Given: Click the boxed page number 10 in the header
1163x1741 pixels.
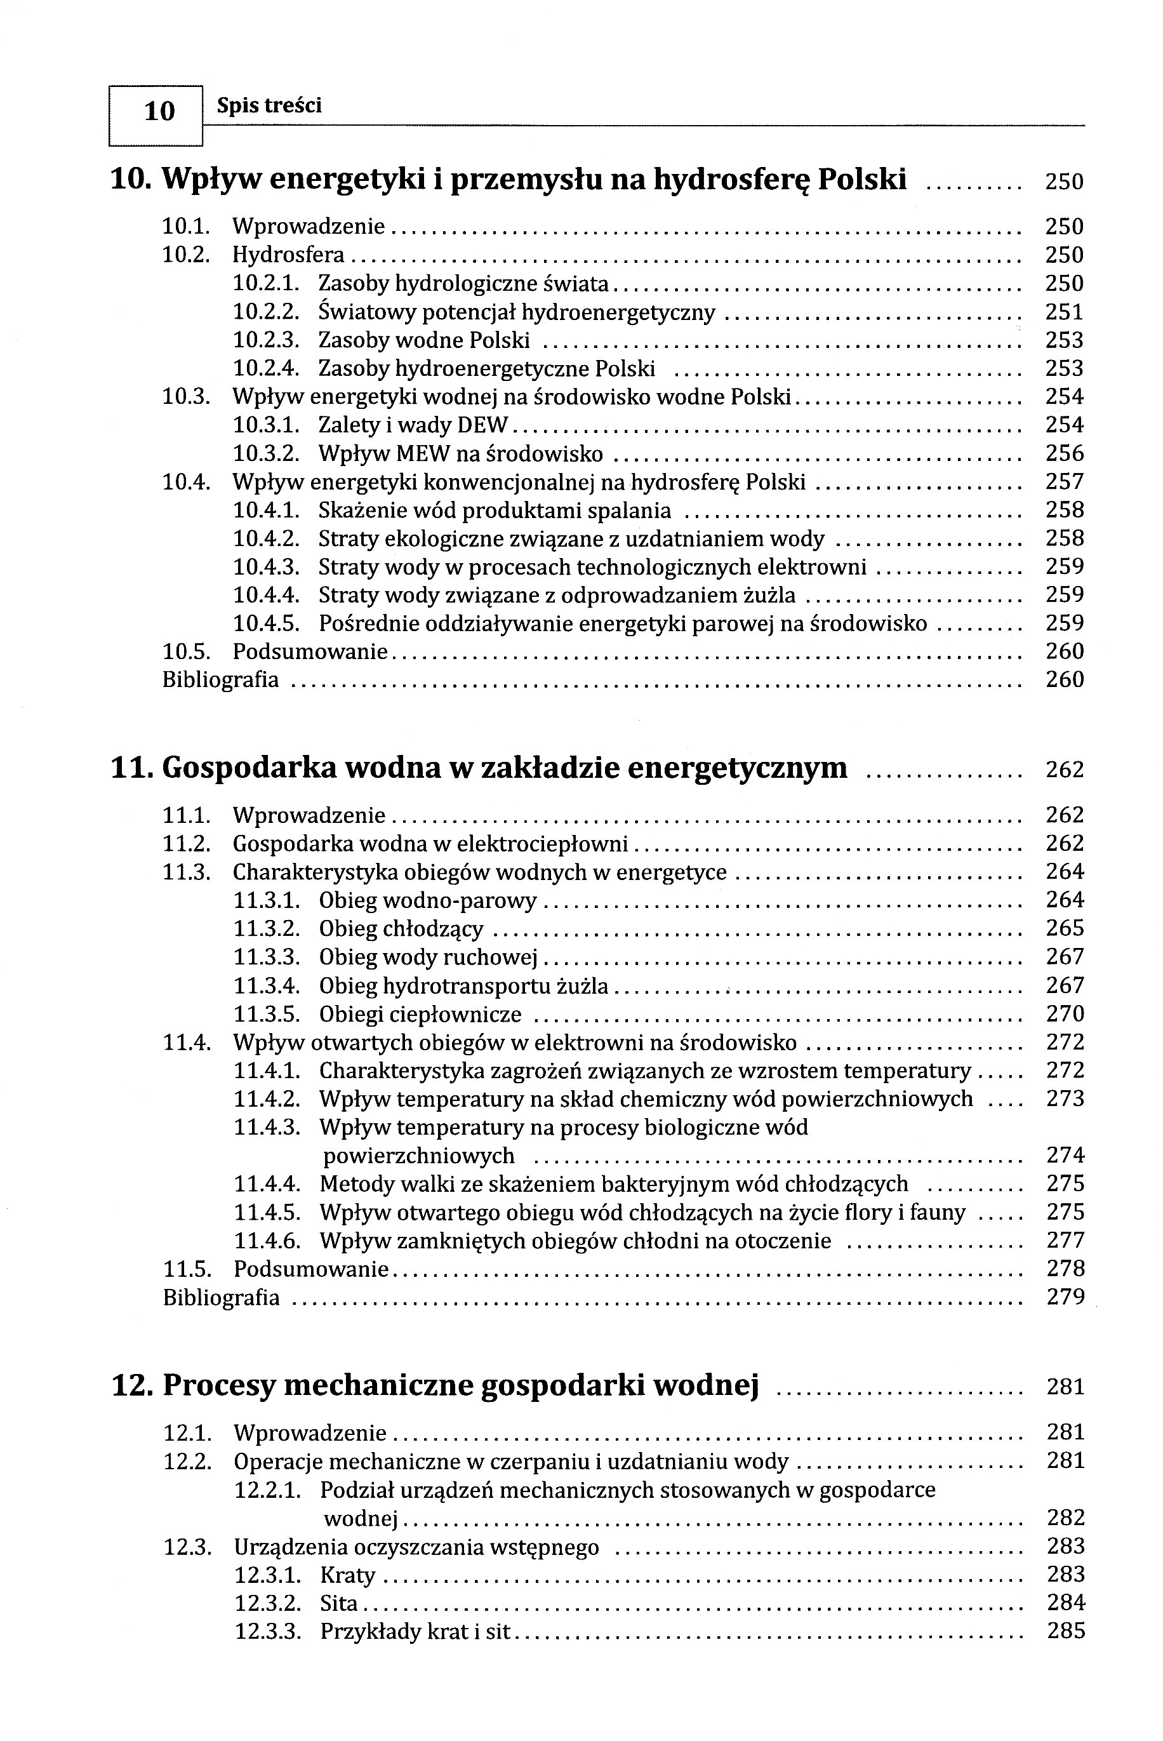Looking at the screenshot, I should point(159,111).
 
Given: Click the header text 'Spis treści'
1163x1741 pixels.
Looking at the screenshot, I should point(269,106).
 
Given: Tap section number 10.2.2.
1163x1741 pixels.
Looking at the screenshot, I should point(266,312).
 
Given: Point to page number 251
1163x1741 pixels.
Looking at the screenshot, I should point(1065,312).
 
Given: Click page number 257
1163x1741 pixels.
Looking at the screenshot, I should point(1065,482).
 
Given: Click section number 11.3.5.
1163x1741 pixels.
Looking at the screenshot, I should point(267,1014).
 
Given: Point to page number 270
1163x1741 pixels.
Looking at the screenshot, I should point(1065,1014).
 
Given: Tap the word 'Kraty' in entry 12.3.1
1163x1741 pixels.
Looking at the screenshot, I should point(347,1575).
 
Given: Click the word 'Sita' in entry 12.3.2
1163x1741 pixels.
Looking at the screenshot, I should point(339,1603).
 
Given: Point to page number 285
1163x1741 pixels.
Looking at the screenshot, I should point(1066,1631).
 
